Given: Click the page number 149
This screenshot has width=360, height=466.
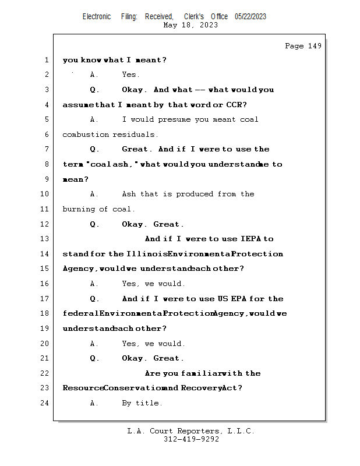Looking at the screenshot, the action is pos(315,46).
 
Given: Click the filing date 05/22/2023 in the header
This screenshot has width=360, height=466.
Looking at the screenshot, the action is pos(250,17).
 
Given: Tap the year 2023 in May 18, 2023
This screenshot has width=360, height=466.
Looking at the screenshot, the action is pos(209,25).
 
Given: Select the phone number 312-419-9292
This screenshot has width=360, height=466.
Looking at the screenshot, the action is pos(191,439).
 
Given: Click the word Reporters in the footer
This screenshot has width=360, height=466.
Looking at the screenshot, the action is pos(199,431).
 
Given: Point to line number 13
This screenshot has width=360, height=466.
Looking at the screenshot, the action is pos(44,239).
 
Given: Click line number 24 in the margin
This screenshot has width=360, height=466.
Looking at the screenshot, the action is pos(44,403).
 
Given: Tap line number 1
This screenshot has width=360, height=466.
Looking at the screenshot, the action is pos(47,60).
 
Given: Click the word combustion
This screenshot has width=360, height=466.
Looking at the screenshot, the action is pos(86,135).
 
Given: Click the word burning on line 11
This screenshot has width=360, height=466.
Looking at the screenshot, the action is pos(79,209).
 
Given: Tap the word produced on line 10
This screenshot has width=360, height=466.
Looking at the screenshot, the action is pos(195,194).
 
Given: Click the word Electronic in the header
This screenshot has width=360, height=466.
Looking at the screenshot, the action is pos(97,17).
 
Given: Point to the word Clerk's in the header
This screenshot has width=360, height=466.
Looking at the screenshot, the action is pos(194,17).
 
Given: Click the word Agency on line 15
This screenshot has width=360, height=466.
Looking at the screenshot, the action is pos(78,269).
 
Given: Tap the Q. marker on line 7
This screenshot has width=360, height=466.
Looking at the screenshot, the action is pos(94,149).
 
